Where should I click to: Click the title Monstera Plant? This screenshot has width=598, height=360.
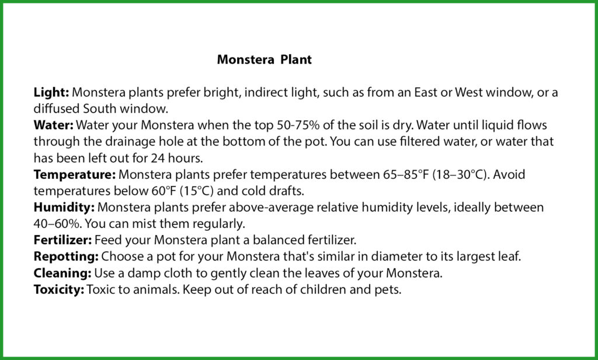(264, 60)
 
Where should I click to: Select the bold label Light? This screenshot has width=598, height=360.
(51, 93)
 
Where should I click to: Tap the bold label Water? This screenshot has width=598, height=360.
(53, 126)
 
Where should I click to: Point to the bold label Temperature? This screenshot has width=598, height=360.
(75, 175)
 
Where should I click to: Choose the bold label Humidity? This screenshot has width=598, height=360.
(64, 207)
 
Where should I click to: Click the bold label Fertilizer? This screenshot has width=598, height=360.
(62, 240)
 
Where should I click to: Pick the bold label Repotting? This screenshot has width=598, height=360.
(66, 257)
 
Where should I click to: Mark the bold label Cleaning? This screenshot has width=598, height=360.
(61, 273)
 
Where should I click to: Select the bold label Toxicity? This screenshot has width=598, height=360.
(59, 289)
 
